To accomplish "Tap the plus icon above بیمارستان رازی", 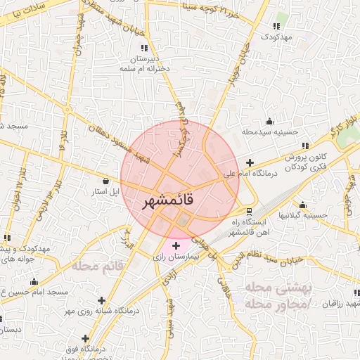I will click(x=176, y=245).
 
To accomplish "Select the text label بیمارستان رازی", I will click(x=177, y=258).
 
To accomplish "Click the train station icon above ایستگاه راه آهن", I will click(x=249, y=212).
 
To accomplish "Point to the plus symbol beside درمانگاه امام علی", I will click(x=250, y=162).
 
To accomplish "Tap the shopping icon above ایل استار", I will click(x=105, y=180).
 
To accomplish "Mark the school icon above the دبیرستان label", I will click(x=144, y=48).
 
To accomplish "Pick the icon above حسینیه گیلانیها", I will click(x=302, y=205).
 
